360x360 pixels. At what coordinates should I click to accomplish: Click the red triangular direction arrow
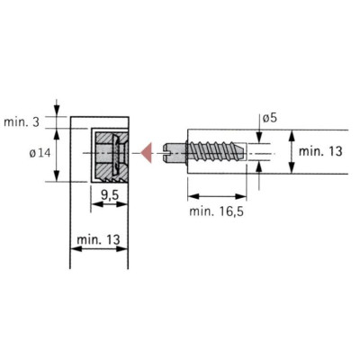(x=148, y=153)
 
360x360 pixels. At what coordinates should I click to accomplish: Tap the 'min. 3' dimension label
(x=22, y=122)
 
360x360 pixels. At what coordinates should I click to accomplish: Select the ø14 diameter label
(x=40, y=154)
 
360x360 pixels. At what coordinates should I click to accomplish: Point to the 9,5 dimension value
(x=110, y=195)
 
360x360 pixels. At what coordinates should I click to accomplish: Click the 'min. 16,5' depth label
(x=216, y=211)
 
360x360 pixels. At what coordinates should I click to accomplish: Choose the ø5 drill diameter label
(x=270, y=118)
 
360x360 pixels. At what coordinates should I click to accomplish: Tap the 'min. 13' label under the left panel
(x=98, y=239)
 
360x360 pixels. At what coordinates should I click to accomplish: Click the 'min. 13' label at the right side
(x=320, y=151)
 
